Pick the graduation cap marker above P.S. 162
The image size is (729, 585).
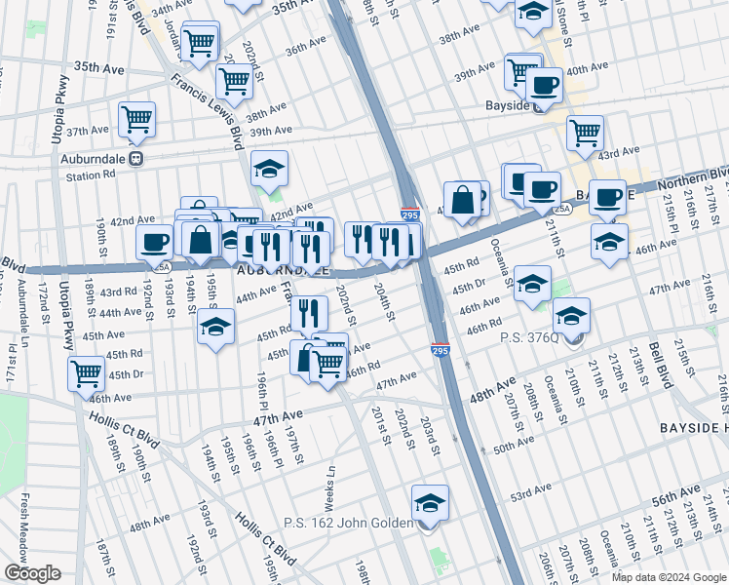click(430, 504)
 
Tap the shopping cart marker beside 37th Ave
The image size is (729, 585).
click(136, 120)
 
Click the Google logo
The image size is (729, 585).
click(33, 573)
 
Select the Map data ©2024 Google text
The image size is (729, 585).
click(669, 576)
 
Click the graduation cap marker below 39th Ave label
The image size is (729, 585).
click(269, 170)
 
